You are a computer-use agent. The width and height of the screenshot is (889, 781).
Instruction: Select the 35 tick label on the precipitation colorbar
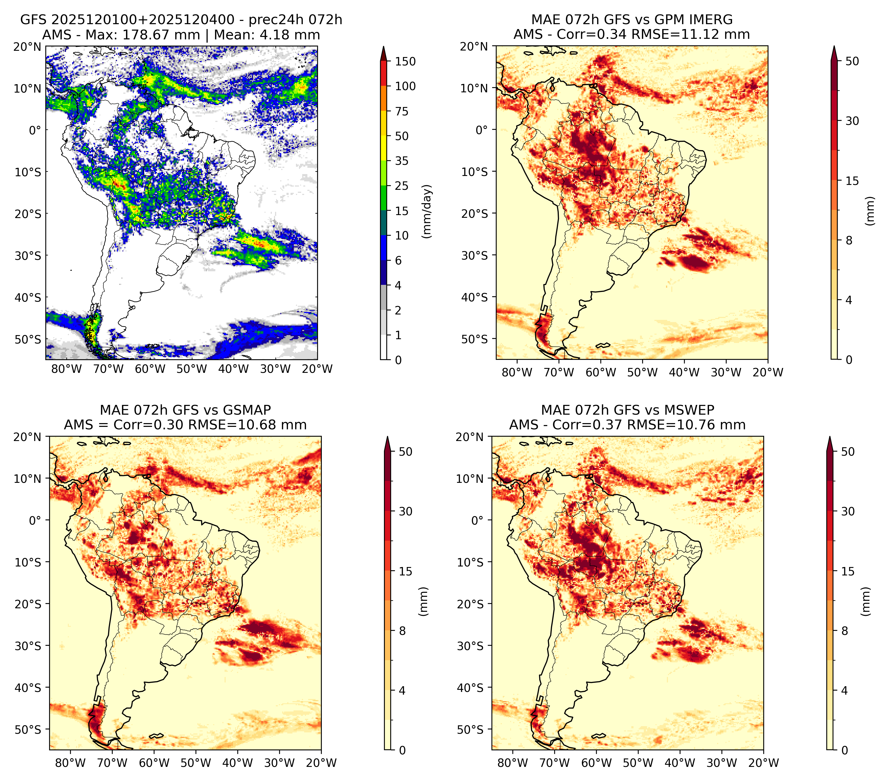point(401,161)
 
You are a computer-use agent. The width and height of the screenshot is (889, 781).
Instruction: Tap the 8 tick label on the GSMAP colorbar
point(402,631)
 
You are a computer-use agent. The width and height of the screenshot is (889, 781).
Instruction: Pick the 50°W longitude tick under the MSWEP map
point(638,763)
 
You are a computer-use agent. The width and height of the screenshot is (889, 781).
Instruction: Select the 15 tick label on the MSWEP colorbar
point(848,571)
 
